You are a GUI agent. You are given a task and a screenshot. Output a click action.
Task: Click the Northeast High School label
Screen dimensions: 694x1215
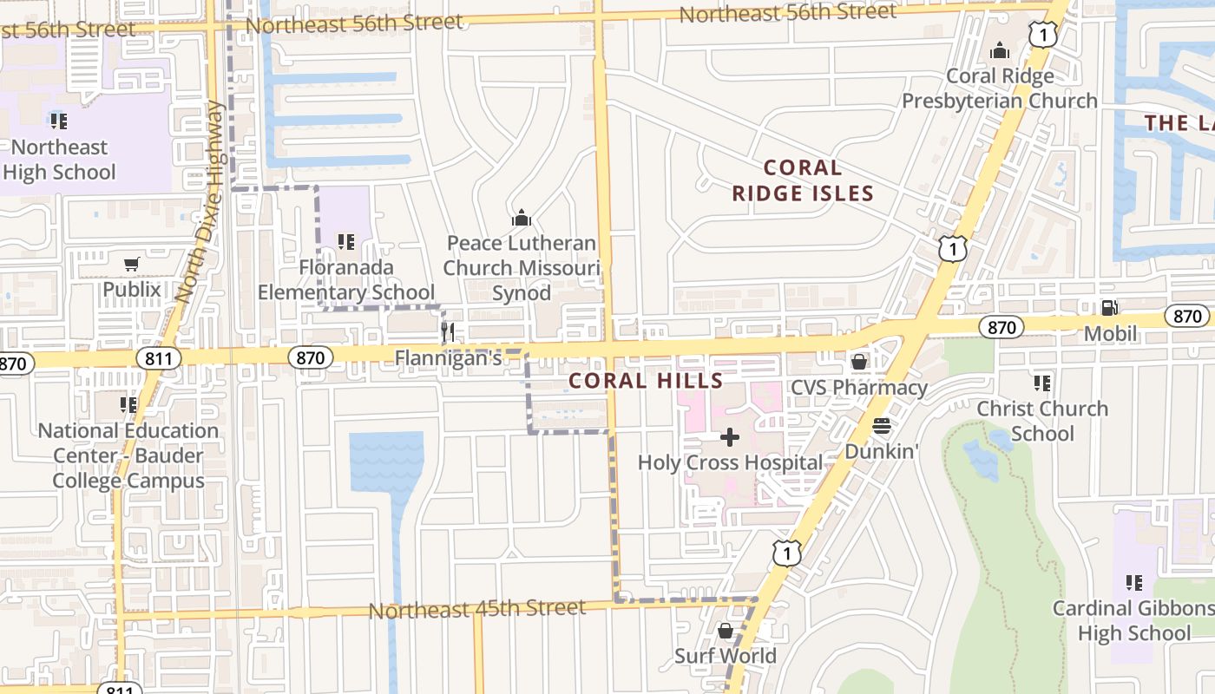(x=59, y=160)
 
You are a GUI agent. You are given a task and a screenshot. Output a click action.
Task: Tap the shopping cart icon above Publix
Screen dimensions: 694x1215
(x=131, y=264)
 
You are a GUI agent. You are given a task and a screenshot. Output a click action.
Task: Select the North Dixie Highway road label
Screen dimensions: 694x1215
(x=200, y=202)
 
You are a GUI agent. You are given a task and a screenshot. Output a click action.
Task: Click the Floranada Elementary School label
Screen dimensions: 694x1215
(x=346, y=280)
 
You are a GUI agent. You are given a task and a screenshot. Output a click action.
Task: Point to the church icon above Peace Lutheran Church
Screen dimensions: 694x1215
(x=521, y=217)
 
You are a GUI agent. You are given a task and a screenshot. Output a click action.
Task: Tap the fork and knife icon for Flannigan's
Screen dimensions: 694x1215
(x=448, y=331)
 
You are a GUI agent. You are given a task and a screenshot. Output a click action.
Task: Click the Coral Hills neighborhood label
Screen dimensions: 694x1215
(x=646, y=381)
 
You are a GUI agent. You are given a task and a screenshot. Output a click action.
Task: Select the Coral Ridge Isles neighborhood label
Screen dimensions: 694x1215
(x=802, y=180)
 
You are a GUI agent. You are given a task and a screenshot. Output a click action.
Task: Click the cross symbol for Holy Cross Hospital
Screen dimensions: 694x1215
(x=730, y=437)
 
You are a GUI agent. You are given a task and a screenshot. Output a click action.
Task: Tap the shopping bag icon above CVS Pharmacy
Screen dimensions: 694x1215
(x=858, y=362)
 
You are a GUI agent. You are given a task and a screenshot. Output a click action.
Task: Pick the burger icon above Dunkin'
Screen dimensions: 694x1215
(x=882, y=426)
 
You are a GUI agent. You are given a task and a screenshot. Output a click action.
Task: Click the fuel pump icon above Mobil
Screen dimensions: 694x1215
(x=1109, y=307)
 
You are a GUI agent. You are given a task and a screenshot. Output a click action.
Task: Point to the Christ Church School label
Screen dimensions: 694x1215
(x=1042, y=421)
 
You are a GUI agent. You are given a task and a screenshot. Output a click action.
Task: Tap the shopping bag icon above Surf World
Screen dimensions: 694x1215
(x=726, y=631)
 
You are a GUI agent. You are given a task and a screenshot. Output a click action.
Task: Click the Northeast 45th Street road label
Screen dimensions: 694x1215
(x=477, y=609)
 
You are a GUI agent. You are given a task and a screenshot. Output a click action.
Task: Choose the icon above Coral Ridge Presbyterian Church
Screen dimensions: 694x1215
(x=1000, y=51)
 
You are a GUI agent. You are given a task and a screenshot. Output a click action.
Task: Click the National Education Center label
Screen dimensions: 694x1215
(x=128, y=455)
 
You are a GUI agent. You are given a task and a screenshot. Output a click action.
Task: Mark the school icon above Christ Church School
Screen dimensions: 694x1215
(x=1042, y=383)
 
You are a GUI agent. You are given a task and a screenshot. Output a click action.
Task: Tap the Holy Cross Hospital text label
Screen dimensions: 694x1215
(x=730, y=462)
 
